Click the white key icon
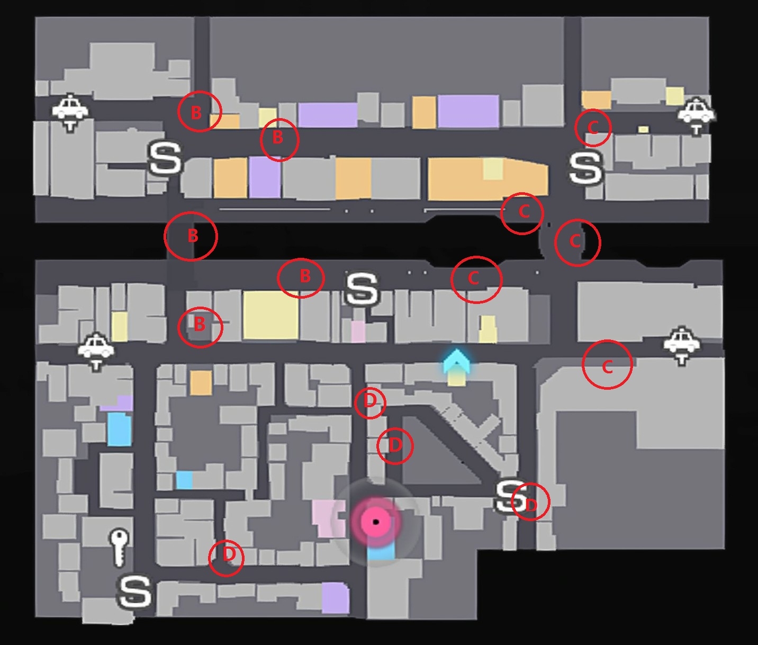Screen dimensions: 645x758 119,548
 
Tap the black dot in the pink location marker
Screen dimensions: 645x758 376,522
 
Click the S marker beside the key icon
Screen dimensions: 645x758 134,591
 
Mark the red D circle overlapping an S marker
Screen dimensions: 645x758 530,502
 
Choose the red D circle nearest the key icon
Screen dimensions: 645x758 227,557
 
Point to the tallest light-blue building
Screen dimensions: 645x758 119,429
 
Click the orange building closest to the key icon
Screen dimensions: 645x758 201,382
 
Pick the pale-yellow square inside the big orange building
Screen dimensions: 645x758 493,169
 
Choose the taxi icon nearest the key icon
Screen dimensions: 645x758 96,349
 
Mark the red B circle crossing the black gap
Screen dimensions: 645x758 191,236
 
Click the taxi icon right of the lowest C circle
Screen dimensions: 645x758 682,344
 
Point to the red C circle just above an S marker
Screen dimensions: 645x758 593,127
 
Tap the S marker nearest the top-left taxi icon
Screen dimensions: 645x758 166,158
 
